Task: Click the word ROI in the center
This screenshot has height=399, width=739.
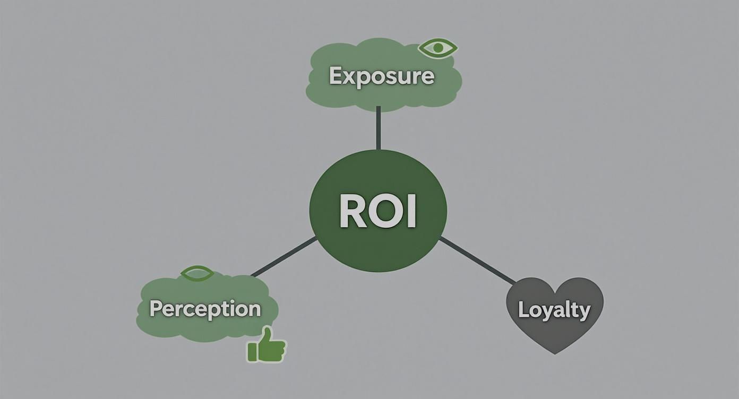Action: pos(377,211)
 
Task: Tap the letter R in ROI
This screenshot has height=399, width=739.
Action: pos(352,211)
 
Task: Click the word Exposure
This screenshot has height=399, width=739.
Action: pos(382,76)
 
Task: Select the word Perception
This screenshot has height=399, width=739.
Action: pos(205,309)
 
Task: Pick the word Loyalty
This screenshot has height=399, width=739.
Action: pos(554,309)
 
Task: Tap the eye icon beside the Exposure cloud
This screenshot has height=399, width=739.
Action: pos(438,48)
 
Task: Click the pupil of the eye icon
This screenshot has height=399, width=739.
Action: pos(438,48)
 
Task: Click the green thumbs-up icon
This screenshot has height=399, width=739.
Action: pos(266,346)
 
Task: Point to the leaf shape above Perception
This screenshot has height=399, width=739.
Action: pos(197,274)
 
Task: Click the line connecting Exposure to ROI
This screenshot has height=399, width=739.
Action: pos(378,128)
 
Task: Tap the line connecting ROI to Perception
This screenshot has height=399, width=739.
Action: pos(285,257)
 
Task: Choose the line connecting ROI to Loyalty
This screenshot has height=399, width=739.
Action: pos(476,261)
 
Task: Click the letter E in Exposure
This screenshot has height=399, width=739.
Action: pos(335,76)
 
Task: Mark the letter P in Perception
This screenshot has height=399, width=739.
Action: pos(155,308)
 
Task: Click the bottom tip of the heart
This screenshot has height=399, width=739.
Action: pos(555,352)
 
